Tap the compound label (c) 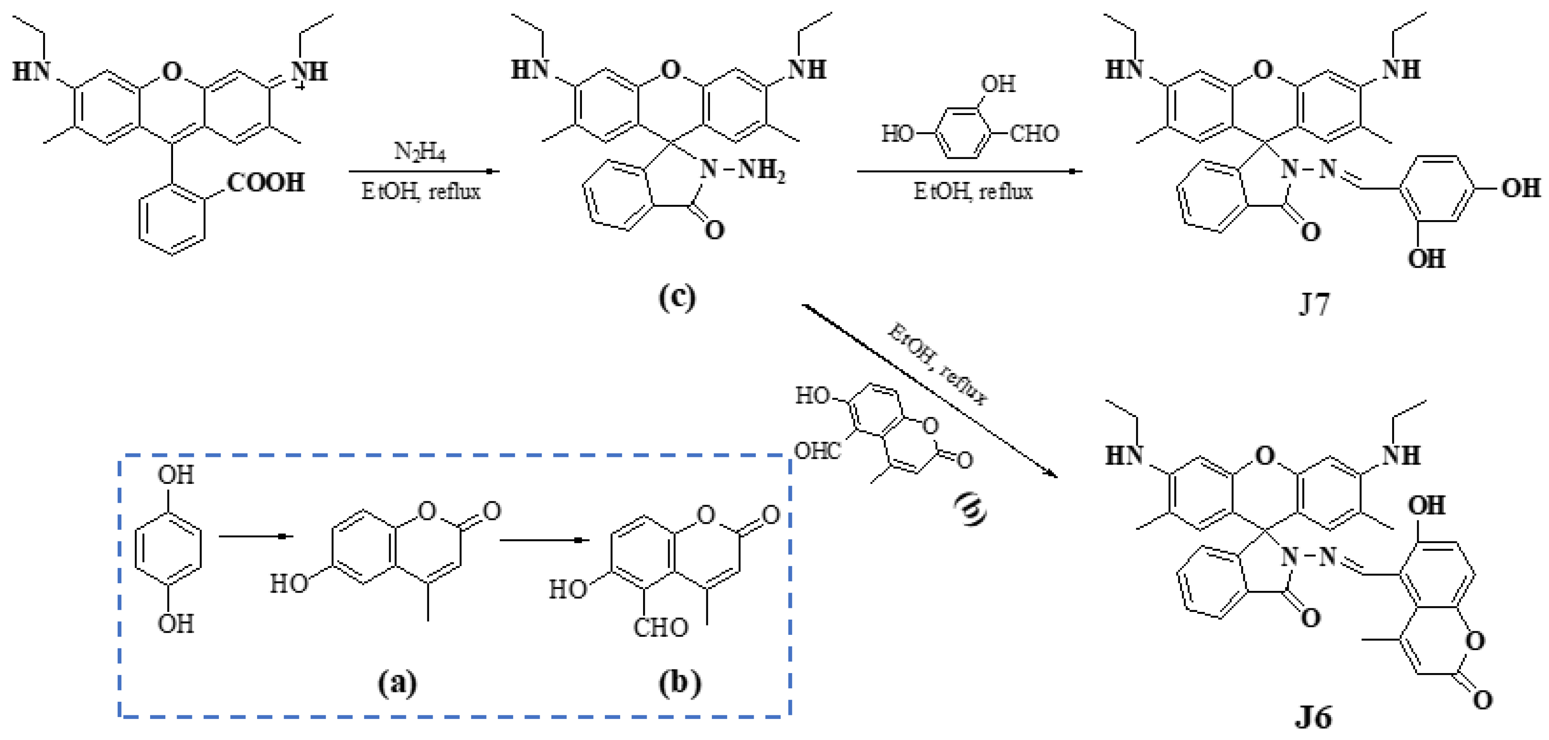coord(677,297)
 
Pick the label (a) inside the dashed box coord(397,683)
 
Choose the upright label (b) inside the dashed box coord(679,683)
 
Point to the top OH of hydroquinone coord(176,475)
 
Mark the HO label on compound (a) coord(288,584)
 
